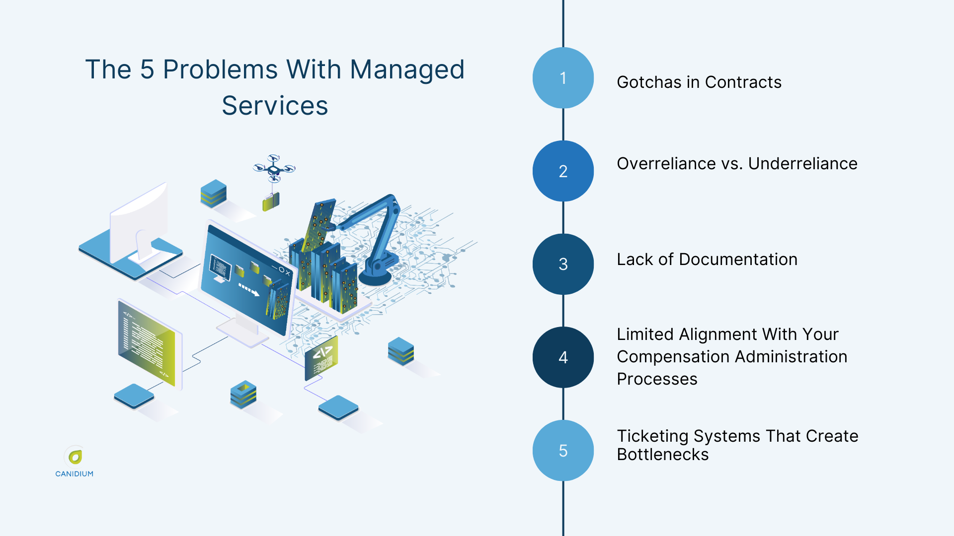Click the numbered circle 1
click(563, 78)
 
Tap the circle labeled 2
click(563, 171)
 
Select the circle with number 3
click(563, 264)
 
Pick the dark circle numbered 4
click(563, 357)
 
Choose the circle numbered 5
click(563, 451)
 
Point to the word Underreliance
click(802, 163)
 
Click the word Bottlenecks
click(662, 455)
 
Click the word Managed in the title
click(407, 69)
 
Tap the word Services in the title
click(275, 106)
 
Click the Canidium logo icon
click(75, 456)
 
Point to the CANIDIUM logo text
click(75, 474)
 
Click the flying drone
click(274, 168)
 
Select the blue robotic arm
click(378, 238)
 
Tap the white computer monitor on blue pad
click(139, 223)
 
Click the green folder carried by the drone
click(271, 201)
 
